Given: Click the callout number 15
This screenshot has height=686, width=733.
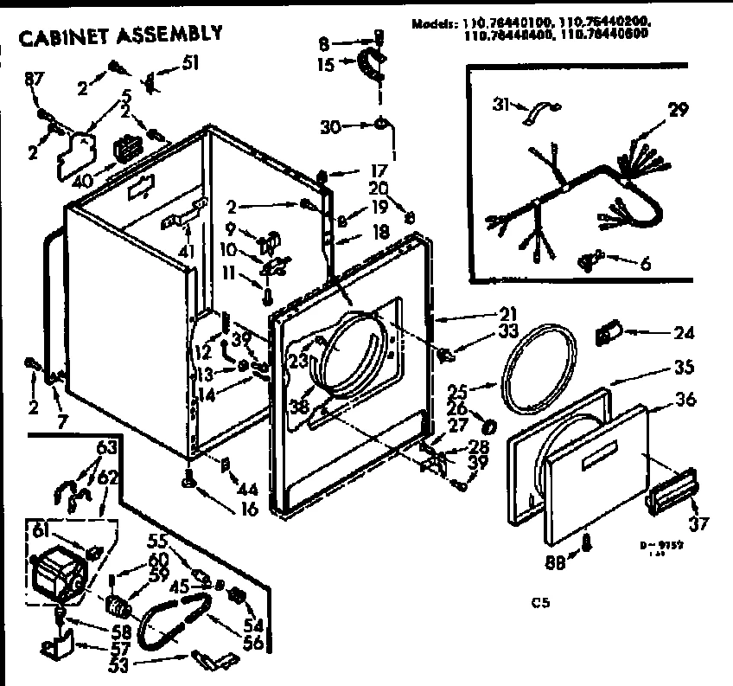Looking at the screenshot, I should coord(325,63).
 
